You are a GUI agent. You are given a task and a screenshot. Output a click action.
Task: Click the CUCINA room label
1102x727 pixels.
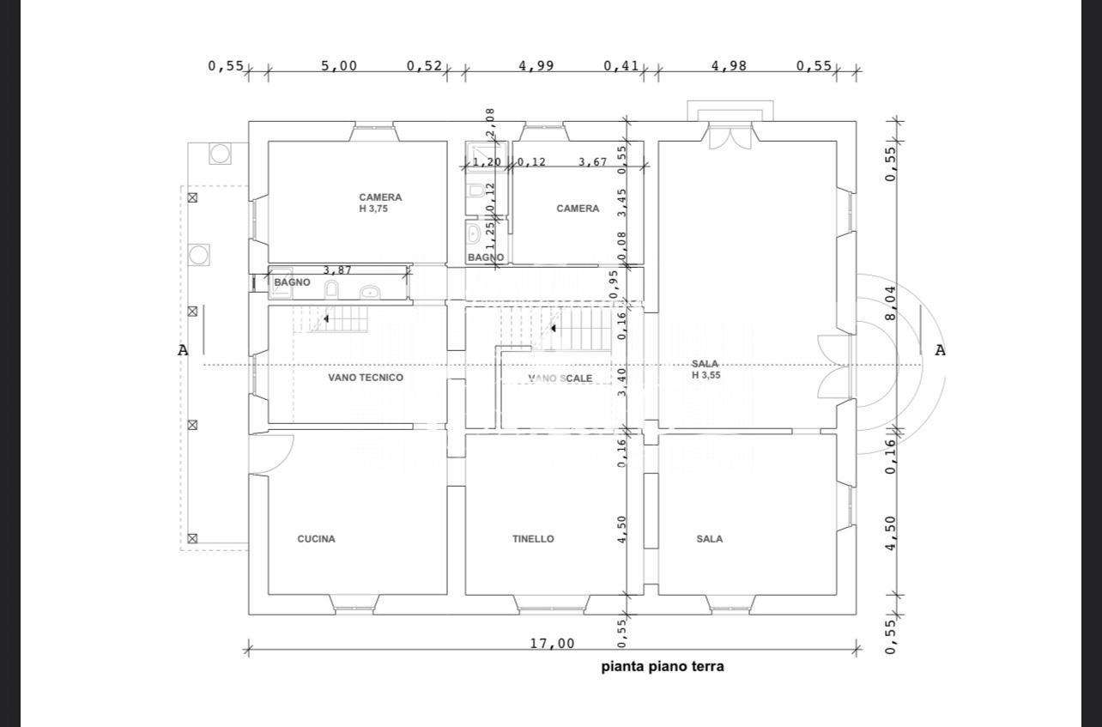point(317,539)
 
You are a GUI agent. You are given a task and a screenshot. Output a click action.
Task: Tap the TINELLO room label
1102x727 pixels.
point(533,539)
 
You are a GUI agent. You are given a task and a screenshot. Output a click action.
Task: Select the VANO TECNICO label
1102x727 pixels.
point(366,378)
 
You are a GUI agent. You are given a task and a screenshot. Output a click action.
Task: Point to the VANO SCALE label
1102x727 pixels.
point(560,379)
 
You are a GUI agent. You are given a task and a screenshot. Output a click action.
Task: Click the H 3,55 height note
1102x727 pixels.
point(706,375)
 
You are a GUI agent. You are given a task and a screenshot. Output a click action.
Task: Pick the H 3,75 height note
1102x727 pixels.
point(373,209)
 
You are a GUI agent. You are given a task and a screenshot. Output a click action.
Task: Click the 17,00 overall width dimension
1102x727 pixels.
point(552,644)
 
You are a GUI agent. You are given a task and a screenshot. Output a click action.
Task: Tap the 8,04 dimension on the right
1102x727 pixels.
point(891,303)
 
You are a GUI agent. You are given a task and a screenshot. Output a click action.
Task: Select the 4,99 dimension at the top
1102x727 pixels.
point(536,66)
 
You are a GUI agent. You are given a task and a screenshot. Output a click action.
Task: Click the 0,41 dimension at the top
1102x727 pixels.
point(621,66)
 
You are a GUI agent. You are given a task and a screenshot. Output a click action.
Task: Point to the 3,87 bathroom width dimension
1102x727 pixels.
point(337,270)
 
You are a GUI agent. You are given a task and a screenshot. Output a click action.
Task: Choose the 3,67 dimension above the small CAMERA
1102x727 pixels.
point(592,162)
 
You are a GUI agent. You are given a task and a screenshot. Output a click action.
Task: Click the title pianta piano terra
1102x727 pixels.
point(663,667)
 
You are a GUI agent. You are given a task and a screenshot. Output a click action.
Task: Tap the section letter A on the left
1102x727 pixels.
point(183,350)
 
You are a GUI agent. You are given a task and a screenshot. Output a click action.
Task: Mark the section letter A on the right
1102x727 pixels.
point(940,350)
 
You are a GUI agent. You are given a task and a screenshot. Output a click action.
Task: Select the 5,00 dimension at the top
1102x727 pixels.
point(339,66)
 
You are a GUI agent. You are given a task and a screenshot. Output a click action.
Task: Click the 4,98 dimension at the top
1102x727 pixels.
point(730,66)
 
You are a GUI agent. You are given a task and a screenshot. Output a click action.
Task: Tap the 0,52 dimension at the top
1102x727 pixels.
point(424,66)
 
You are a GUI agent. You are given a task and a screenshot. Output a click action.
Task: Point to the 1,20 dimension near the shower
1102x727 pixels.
point(487,162)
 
